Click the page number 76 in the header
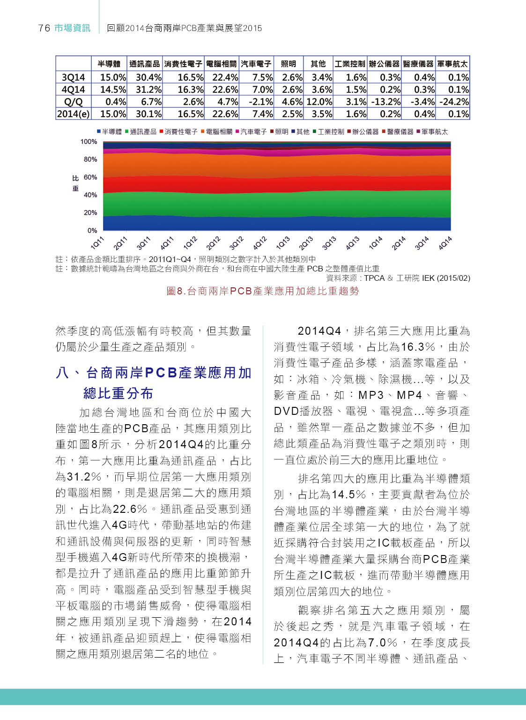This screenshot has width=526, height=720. tap(44, 28)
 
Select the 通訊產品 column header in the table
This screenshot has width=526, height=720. tap(144, 64)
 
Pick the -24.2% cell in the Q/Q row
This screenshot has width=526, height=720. tap(452, 102)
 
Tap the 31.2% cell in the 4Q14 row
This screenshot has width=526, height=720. tap(148, 90)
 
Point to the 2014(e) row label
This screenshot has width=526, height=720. tap(73, 114)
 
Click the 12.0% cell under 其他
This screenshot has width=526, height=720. tap(319, 102)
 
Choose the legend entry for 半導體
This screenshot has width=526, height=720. tap(109, 132)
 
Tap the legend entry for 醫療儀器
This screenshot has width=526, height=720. tap(398, 132)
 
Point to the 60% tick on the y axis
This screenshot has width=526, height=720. tap(90, 177)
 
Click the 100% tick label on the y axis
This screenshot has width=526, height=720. tap(89, 142)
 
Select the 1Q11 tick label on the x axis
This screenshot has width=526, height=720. tap(97, 243)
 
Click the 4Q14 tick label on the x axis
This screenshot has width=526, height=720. tap(445, 243)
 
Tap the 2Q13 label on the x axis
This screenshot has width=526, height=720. tap(306, 243)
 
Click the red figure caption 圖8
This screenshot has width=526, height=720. tap(262, 291)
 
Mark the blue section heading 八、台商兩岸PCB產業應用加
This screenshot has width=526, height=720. tap(154, 373)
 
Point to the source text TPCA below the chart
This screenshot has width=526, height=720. tap(374, 278)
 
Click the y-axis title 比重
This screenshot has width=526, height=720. tap(75, 183)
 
